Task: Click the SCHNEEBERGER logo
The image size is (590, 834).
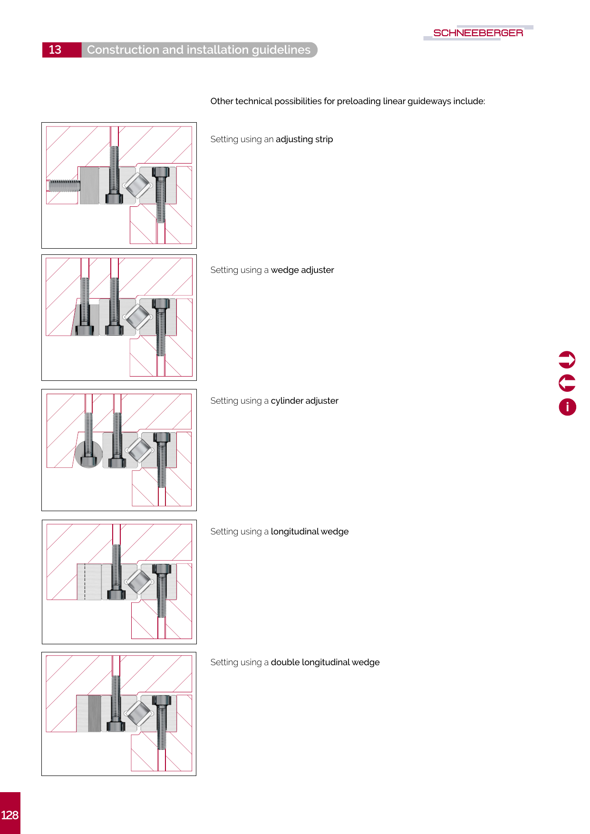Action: [478, 33]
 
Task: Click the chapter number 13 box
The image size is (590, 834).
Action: [62, 50]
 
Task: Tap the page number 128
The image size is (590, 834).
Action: [10, 815]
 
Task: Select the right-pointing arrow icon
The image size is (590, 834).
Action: [567, 360]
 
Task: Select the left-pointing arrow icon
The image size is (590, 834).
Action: [567, 383]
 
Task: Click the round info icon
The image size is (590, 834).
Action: [567, 407]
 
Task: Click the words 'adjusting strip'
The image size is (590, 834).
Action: [304, 139]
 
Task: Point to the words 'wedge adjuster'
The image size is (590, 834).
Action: [302, 270]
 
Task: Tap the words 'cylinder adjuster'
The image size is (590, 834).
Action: [305, 401]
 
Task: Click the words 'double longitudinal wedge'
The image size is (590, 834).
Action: [325, 662]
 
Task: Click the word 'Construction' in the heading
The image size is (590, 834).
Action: [123, 50]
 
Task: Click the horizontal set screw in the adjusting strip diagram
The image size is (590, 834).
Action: [64, 185]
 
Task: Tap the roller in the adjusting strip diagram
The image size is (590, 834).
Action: [138, 185]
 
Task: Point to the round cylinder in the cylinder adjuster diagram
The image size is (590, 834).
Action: [88, 454]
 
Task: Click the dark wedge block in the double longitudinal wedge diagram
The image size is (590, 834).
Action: [95, 713]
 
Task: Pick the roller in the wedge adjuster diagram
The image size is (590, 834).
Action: [138, 317]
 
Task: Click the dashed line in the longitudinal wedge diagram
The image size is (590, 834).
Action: [85, 582]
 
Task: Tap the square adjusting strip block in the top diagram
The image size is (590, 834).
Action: [89, 185]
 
